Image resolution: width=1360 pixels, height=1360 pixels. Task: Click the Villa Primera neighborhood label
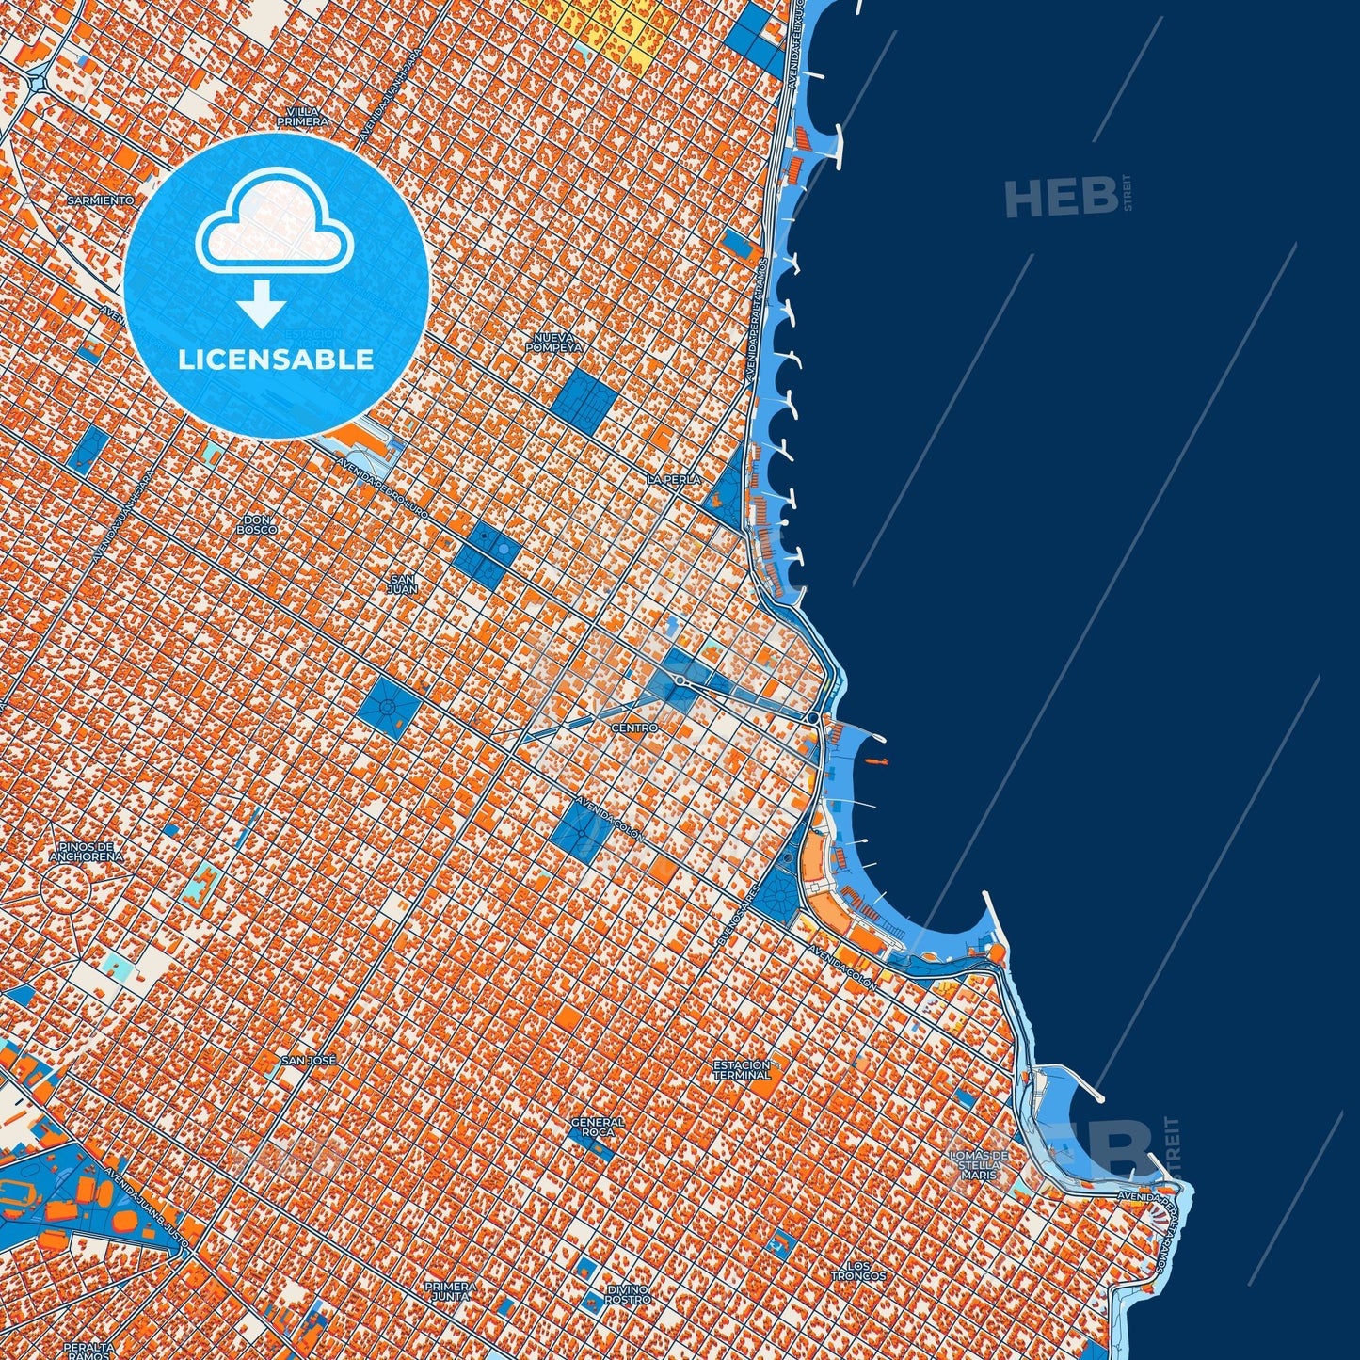tap(303, 117)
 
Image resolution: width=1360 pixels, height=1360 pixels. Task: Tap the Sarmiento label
tap(101, 200)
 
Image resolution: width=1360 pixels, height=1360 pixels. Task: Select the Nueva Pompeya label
tap(554, 342)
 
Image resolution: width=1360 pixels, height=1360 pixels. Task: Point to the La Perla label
tap(674, 479)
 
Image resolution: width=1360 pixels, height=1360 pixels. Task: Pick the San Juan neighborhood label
tap(403, 584)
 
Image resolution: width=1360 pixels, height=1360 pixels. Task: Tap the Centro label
tap(634, 728)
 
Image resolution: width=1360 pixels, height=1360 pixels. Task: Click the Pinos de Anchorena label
tap(85, 852)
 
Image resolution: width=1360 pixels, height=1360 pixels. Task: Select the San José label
tap(309, 1060)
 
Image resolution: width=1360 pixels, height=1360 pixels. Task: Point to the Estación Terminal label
tap(742, 1069)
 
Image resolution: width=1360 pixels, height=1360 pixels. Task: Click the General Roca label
tap(598, 1127)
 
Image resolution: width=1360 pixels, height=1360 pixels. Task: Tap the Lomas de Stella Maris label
tap(979, 1164)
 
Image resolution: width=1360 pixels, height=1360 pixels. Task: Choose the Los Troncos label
tap(857, 1271)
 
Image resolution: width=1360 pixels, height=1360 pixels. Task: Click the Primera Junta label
tap(450, 1290)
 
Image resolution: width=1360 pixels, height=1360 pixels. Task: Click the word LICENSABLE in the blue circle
tap(276, 359)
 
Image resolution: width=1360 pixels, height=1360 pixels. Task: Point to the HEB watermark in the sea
tap(1061, 197)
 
